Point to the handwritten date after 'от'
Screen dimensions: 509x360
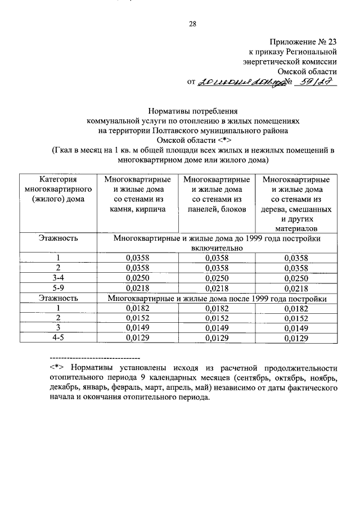click(237, 82)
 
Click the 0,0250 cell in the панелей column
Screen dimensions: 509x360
click(217, 278)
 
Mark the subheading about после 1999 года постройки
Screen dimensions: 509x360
click(217, 298)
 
